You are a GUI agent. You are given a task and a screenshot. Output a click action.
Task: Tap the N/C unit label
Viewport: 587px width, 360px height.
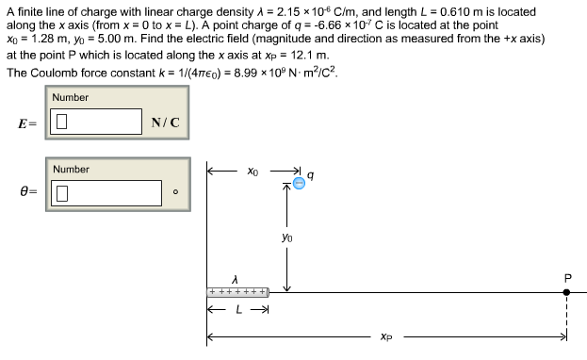(x=166, y=123)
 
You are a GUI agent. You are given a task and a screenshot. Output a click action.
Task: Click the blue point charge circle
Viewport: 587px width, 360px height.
(x=298, y=184)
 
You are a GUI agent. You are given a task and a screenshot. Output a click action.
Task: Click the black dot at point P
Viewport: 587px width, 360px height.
(x=566, y=293)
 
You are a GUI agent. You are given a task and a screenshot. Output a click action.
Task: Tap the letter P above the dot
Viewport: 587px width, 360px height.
(x=567, y=277)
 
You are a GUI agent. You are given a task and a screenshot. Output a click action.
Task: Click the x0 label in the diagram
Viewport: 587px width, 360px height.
(x=252, y=172)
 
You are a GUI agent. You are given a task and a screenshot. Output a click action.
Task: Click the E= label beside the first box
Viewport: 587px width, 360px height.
(x=26, y=123)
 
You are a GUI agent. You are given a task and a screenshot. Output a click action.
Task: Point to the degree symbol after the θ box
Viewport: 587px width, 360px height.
(x=174, y=195)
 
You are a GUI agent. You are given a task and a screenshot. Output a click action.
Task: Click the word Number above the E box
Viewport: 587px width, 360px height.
(x=71, y=97)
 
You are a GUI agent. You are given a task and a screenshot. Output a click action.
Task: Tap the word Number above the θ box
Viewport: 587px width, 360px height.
(x=71, y=170)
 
